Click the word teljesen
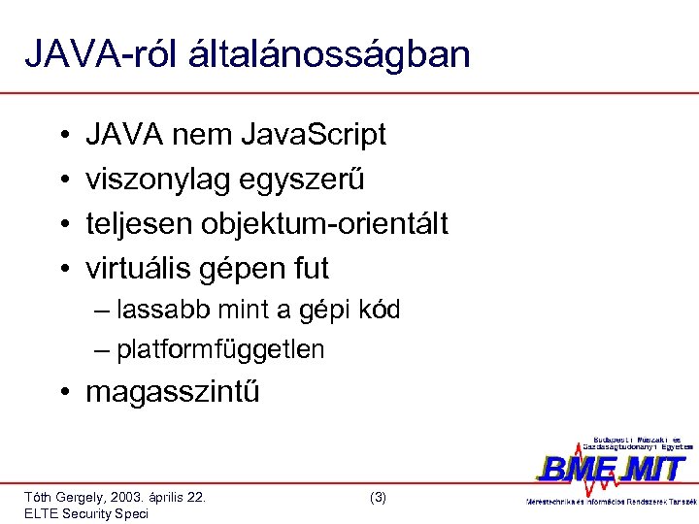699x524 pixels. (x=139, y=223)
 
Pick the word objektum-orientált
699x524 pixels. (x=324, y=223)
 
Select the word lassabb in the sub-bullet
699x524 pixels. (x=160, y=311)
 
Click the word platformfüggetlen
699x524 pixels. (x=220, y=349)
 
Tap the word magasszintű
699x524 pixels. (x=173, y=393)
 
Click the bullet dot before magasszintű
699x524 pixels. (x=63, y=393)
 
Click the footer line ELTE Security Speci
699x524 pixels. (x=86, y=514)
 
